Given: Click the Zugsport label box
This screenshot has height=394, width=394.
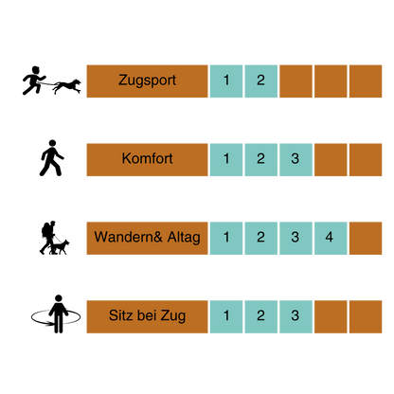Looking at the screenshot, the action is [147, 81].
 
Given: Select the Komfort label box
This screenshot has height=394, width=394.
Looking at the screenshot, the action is [147, 160].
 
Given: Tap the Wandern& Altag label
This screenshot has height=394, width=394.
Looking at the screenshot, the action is [147, 238].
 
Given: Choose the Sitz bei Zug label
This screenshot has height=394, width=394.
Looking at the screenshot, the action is [147, 316].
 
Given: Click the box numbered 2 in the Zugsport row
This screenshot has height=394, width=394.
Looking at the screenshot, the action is [261, 81].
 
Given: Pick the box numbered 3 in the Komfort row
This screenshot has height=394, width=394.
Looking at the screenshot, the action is [295, 160].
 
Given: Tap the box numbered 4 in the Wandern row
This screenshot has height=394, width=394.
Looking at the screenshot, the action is [331, 238].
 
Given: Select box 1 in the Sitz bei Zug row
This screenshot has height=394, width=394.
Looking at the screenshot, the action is [226, 316].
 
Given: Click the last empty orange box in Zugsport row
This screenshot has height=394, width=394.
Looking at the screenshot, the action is [366, 81].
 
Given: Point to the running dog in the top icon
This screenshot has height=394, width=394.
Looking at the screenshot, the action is [67, 86].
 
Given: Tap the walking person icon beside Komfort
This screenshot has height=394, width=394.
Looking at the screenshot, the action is [52, 158].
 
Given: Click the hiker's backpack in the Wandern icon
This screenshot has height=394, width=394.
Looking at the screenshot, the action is [45, 230].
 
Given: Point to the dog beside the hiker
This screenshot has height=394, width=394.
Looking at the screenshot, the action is [60, 247].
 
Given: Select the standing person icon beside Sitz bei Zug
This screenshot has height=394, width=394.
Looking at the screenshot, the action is [58, 314].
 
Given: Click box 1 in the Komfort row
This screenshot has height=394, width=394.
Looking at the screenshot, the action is [226, 160].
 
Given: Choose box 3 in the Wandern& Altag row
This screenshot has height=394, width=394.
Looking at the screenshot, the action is [295, 238].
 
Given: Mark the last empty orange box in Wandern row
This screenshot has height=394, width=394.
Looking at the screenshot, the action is [366, 238].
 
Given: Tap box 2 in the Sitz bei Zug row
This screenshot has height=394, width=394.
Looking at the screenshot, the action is [261, 316].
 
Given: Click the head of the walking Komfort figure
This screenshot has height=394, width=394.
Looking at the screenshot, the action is [52, 143].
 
